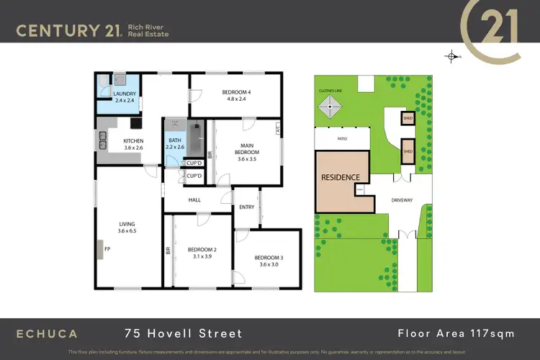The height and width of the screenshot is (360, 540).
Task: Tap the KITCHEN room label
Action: click(133, 141)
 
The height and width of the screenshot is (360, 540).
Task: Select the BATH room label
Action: click(175, 141)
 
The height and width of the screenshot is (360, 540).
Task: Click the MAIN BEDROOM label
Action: click(248, 149)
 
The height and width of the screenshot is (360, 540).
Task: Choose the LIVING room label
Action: click(127, 224)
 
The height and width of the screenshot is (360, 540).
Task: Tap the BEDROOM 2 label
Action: click(202, 250)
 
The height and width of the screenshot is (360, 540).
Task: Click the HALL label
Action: click(194, 200)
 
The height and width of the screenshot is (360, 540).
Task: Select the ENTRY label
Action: click(247, 207)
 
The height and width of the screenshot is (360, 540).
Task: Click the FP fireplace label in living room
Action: click(107, 250)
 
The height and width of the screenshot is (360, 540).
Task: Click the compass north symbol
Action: click(451, 56)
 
